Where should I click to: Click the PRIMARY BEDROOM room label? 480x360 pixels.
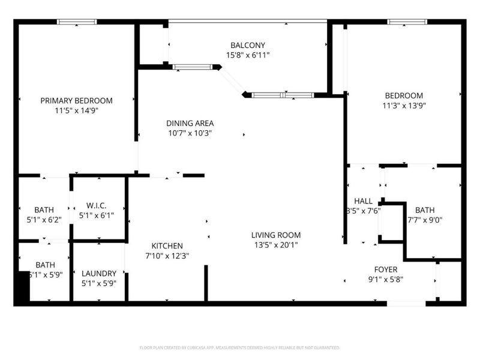point(76,100)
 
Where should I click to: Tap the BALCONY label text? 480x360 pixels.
point(248,45)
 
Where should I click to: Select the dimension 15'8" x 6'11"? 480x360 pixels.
point(248,55)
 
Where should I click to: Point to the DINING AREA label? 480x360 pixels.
point(190,123)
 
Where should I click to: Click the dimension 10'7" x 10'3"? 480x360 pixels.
point(190,133)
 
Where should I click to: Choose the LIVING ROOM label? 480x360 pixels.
point(276,235)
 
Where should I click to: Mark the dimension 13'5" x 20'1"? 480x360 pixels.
point(276,245)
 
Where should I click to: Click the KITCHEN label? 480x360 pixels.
point(167,246)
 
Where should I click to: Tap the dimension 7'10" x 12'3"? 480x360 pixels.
point(167,256)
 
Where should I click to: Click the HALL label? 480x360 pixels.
point(363,201)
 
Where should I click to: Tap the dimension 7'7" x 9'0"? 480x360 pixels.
point(425,220)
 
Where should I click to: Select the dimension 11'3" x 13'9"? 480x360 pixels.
point(403,106)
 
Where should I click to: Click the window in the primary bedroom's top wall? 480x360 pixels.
point(77,22)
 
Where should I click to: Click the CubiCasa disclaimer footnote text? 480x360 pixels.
point(240,347)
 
